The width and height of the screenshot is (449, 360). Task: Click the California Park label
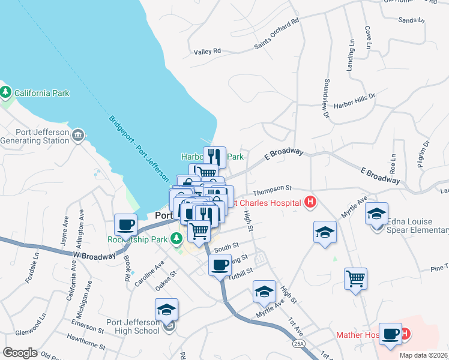coord(41,93)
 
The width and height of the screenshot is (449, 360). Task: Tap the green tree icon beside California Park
coord(6,92)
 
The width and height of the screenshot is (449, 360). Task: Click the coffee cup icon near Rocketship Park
coord(126,224)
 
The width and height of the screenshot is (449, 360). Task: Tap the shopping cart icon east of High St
coord(355,278)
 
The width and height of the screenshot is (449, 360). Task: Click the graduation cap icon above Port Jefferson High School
coord(166,309)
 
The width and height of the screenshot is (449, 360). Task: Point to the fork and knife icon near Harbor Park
coord(215,157)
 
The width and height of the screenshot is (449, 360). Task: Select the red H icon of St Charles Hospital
coord(310,202)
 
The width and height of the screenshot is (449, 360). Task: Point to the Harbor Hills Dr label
coord(354,95)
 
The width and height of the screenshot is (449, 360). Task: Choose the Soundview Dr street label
coord(327,98)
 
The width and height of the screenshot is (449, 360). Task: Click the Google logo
coord(20,353)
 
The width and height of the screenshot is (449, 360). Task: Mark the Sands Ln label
coord(411,20)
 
